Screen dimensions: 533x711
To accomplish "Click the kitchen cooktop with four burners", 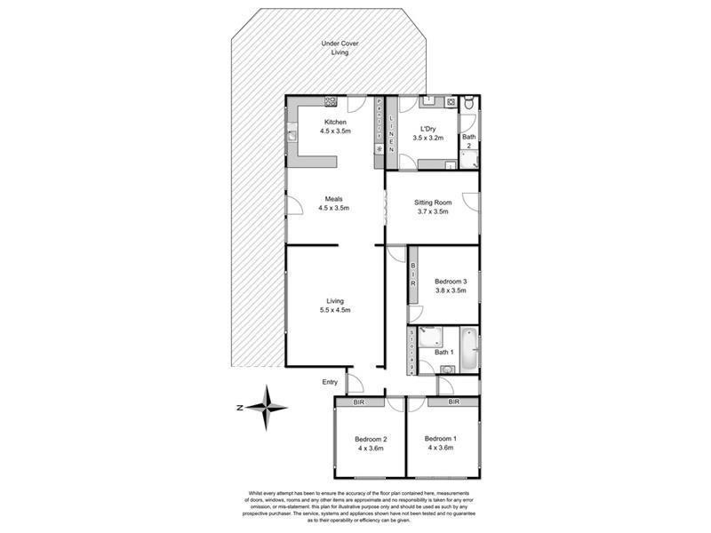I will point(331,102).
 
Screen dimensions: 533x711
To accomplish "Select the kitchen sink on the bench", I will point(292,136).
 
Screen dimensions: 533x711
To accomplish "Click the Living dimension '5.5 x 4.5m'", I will point(334,310).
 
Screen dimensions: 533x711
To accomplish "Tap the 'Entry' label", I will point(330,382).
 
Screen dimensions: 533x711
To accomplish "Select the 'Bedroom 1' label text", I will point(441,439).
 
